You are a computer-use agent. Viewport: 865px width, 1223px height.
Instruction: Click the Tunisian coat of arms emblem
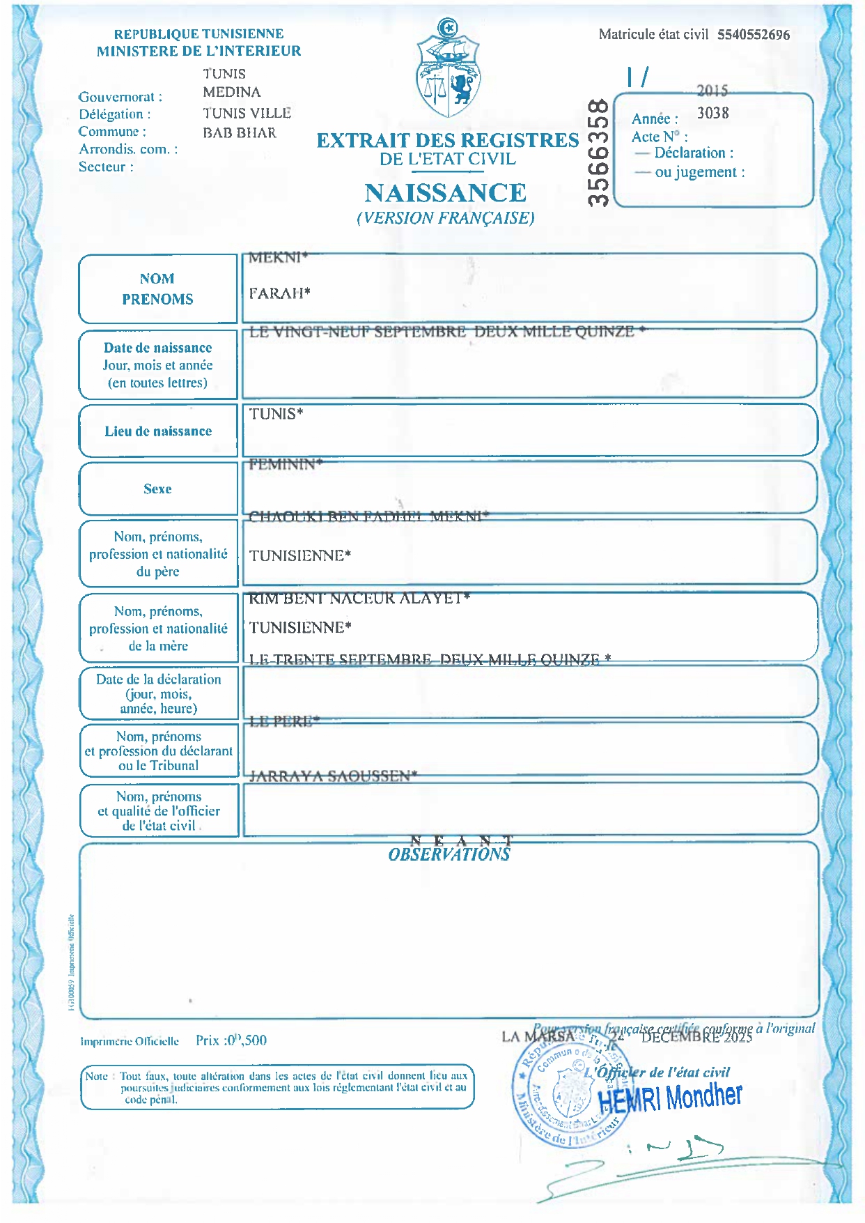448,70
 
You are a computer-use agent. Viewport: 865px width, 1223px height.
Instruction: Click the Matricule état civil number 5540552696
754,35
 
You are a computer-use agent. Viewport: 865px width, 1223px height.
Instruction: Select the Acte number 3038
712,113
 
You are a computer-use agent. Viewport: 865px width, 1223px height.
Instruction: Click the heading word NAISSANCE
445,193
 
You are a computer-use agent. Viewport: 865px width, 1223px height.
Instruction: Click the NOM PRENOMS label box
157,289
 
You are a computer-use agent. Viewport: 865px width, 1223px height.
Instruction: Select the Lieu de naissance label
158,431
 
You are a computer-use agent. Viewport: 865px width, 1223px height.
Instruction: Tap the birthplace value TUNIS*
276,414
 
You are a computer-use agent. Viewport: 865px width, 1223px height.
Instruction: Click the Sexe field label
157,489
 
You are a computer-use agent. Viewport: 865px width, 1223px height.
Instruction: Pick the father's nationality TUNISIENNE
299,556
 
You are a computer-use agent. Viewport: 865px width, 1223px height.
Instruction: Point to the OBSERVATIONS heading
449,855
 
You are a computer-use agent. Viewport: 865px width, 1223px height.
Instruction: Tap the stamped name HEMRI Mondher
670,1098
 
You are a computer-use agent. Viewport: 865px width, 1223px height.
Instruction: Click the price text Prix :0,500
231,1040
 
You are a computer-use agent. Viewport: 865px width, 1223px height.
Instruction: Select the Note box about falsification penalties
277,1087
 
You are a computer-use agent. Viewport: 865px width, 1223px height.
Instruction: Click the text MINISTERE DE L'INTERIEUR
199,51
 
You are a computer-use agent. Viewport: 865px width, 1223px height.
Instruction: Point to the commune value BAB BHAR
240,132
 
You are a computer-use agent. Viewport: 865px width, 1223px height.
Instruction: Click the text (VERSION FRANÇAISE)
446,218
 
